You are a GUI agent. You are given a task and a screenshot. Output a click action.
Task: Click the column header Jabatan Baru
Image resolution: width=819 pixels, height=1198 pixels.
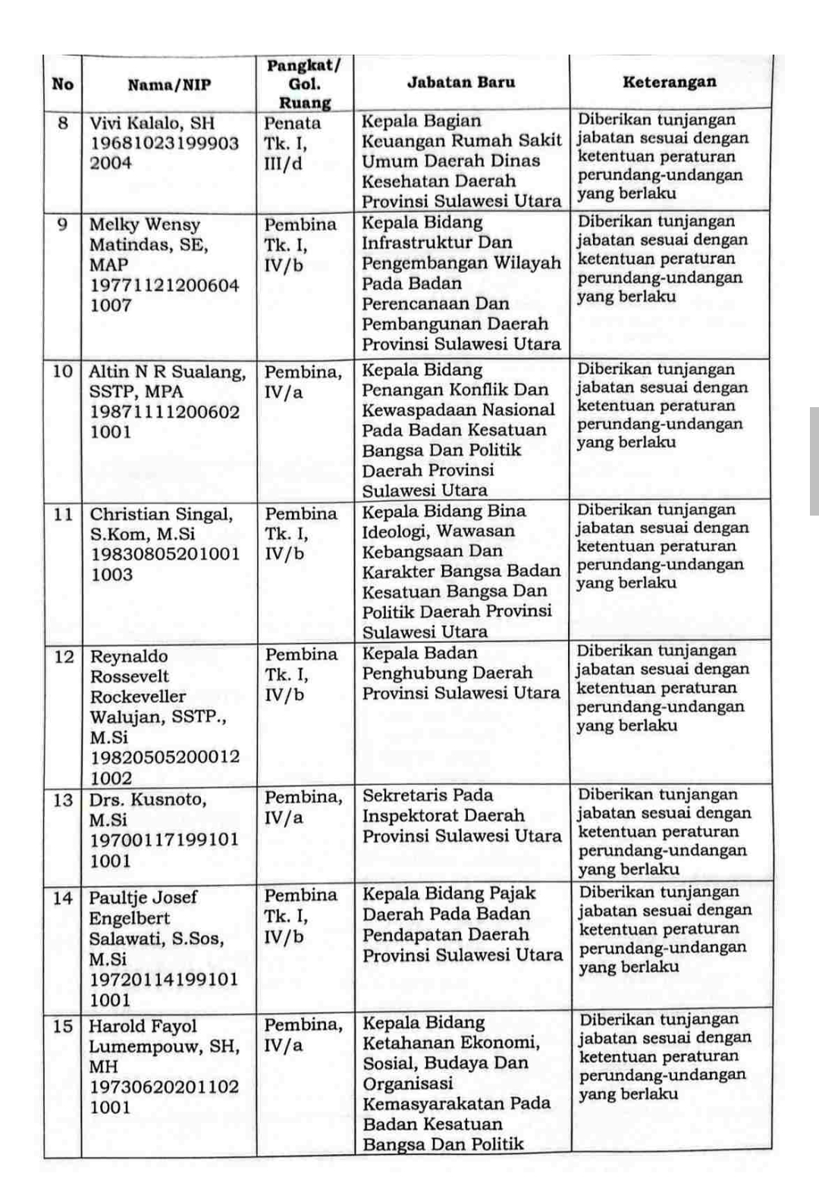461,83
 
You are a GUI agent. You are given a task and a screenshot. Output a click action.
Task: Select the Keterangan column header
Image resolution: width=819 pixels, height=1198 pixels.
669,82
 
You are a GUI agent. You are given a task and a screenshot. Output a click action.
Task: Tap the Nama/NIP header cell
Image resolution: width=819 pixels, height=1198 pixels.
169,84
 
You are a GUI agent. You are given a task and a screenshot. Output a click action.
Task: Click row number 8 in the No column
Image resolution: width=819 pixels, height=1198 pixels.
63,122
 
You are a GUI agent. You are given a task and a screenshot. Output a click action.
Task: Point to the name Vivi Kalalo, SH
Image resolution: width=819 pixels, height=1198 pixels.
152,123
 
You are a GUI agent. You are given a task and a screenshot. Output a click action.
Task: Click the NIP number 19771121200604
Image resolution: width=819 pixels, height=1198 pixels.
165,285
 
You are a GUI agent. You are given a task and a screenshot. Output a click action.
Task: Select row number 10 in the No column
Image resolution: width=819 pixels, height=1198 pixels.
63,371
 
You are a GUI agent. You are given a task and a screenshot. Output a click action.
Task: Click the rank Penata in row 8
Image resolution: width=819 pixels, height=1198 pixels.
292,123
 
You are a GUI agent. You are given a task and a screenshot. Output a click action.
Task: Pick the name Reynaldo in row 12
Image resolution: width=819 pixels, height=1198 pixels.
129,656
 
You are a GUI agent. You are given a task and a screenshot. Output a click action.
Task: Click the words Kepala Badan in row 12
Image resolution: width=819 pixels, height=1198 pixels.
420,653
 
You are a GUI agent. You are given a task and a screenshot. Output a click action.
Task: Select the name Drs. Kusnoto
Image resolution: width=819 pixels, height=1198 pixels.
147,799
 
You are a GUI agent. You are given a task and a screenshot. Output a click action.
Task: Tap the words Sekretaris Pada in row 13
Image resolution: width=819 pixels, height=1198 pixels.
428,795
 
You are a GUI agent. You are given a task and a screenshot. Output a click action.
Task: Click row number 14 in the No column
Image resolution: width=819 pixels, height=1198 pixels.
63,898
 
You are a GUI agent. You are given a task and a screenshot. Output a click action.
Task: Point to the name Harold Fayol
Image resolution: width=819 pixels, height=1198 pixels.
143,1026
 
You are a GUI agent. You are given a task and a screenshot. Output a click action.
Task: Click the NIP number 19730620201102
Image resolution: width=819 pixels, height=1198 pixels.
165,1087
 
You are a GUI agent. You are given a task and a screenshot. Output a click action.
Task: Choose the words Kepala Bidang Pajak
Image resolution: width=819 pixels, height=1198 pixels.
449,893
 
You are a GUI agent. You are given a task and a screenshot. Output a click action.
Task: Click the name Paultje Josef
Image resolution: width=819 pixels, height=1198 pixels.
143,897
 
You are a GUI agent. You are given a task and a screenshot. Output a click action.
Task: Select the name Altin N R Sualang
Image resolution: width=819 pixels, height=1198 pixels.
167,372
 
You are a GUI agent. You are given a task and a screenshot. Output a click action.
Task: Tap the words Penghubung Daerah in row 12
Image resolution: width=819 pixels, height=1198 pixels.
447,673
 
